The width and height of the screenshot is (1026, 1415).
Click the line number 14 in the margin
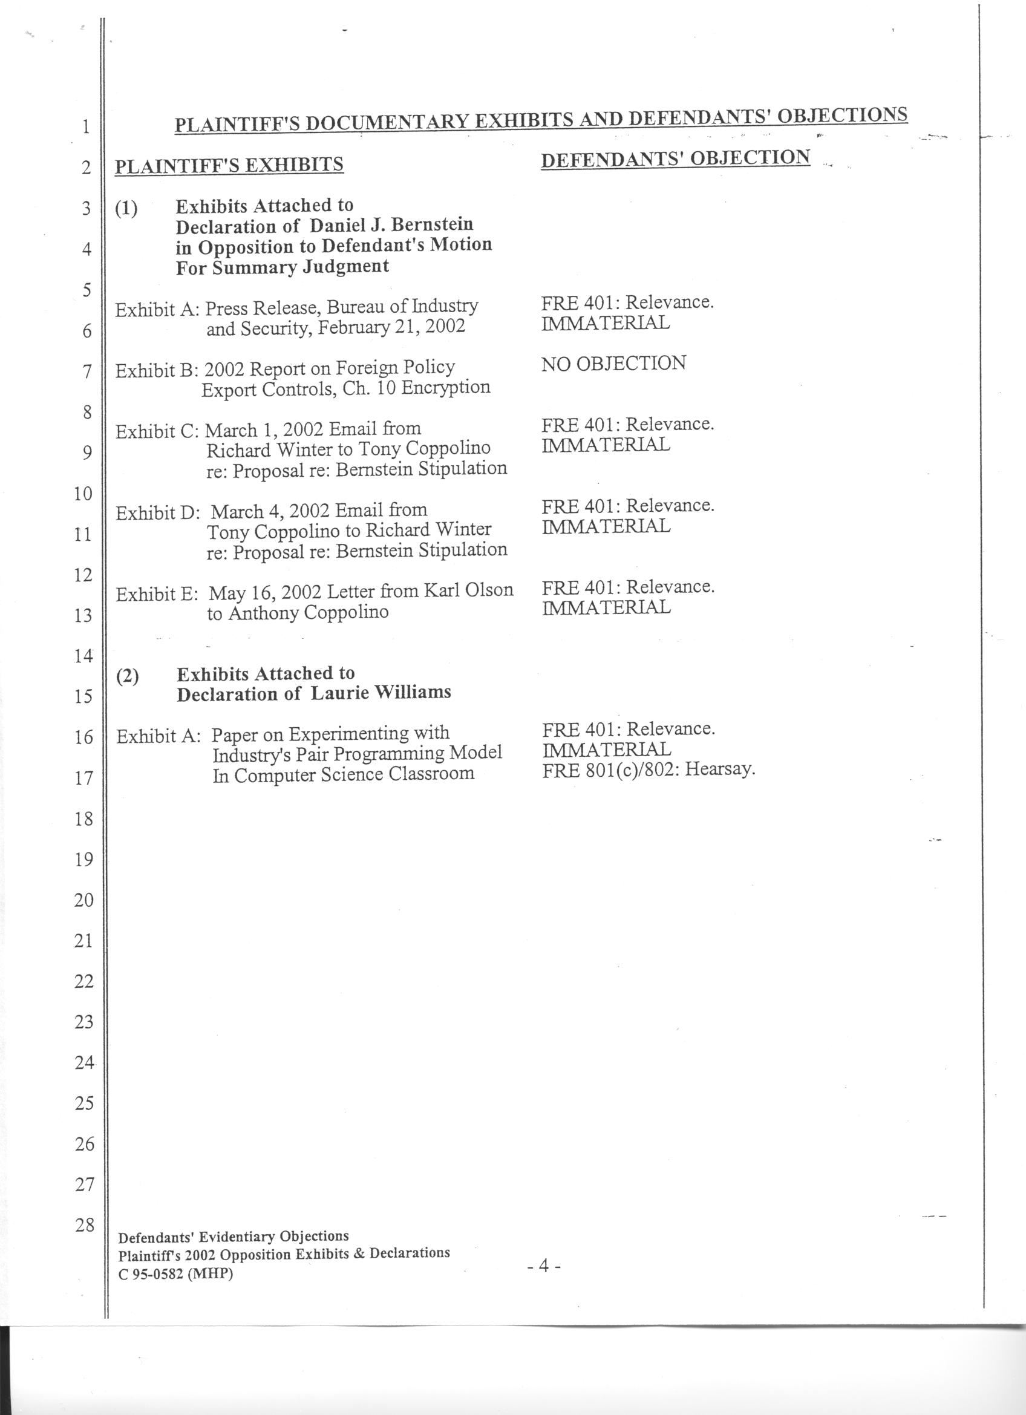pyautogui.click(x=83, y=656)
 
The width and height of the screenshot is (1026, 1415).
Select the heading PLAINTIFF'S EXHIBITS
pyautogui.click(x=229, y=165)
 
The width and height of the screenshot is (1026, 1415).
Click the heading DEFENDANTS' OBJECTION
pyautogui.click(x=676, y=158)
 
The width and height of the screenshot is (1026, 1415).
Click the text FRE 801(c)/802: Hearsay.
pyautogui.click(x=649, y=770)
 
